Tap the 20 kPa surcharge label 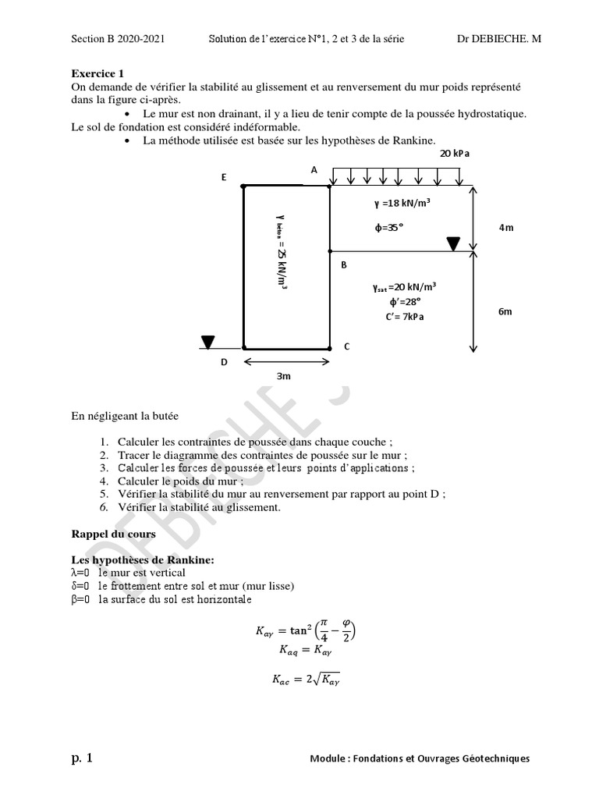coord(455,154)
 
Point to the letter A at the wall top coord(314,169)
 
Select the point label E coord(224,178)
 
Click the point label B coord(343,265)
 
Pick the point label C coord(347,346)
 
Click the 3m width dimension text coord(284,376)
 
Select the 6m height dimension coord(505,311)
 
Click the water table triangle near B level coord(453,244)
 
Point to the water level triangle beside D coord(207,342)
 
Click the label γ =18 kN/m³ coord(402,203)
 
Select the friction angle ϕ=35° coord(390,229)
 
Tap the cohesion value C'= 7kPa coord(405,317)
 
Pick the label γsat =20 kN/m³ coord(405,286)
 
